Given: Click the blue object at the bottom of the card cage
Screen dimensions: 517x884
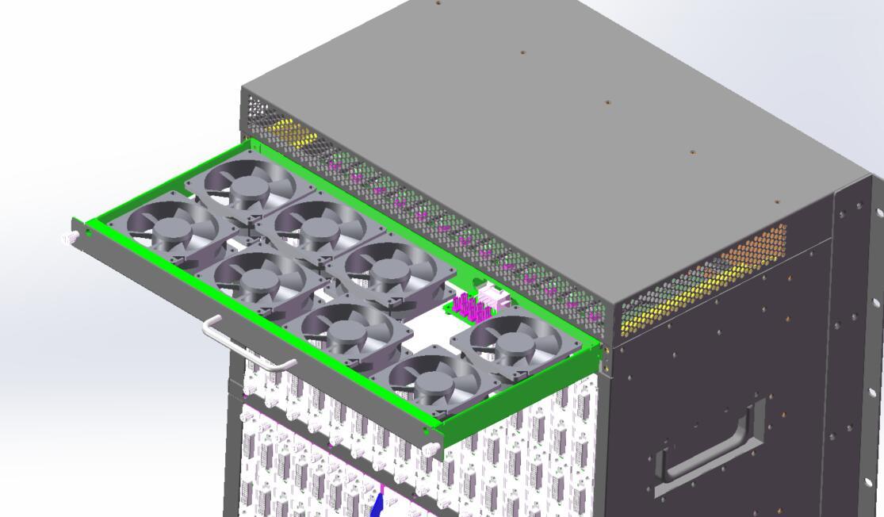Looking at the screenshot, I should coord(378,504).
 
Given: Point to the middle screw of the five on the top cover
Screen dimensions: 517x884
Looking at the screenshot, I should coord(607,102).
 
